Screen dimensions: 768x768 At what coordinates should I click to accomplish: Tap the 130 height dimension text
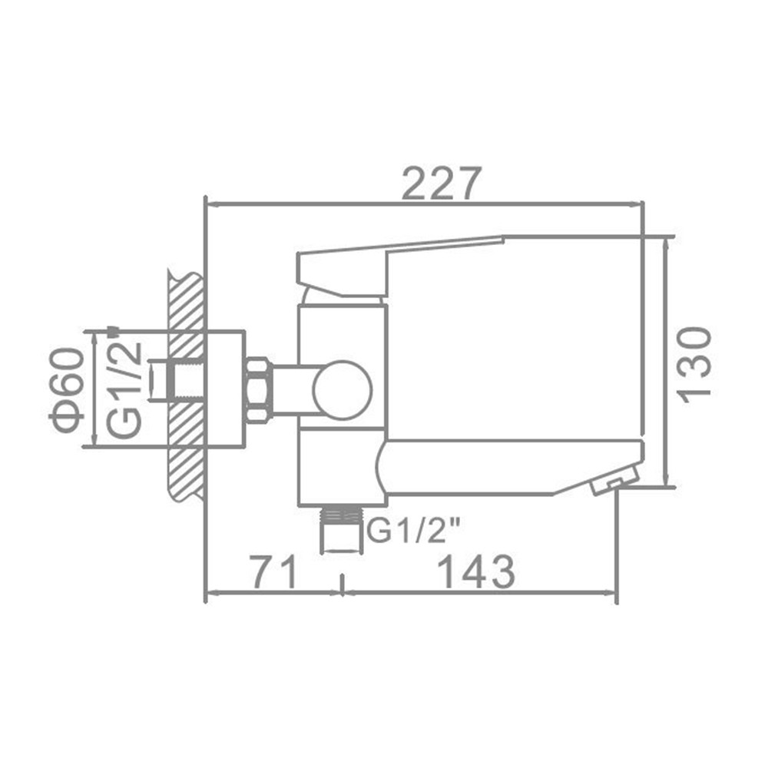point(695,362)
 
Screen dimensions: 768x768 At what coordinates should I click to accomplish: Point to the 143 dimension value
point(475,572)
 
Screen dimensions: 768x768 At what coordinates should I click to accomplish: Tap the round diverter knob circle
point(343,390)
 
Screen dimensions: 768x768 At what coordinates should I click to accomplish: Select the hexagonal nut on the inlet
point(257,389)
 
